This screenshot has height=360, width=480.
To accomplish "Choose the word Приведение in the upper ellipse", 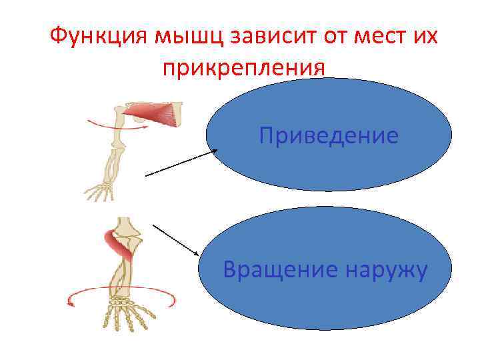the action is click(x=329, y=137).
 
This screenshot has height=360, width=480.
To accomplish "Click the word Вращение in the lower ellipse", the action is click(x=274, y=270).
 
